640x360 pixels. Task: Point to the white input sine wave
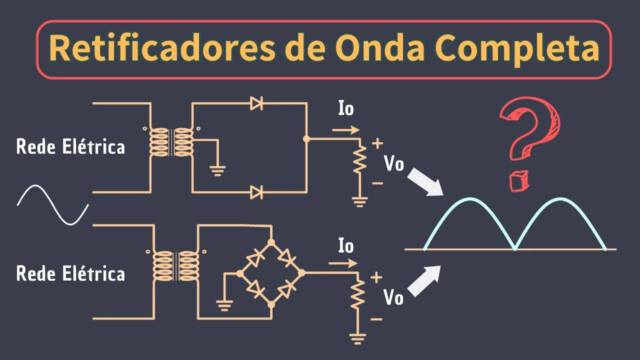(53, 204)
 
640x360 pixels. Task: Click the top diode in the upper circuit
(256, 103)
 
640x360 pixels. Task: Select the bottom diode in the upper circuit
(256, 191)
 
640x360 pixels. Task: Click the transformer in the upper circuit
(171, 141)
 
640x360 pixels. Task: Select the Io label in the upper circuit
(346, 108)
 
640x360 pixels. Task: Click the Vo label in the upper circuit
(393, 163)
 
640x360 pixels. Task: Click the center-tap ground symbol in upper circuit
(217, 171)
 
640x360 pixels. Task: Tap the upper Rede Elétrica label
(70, 147)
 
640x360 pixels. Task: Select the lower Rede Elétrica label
(70, 273)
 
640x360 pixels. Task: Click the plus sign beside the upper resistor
(377, 144)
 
